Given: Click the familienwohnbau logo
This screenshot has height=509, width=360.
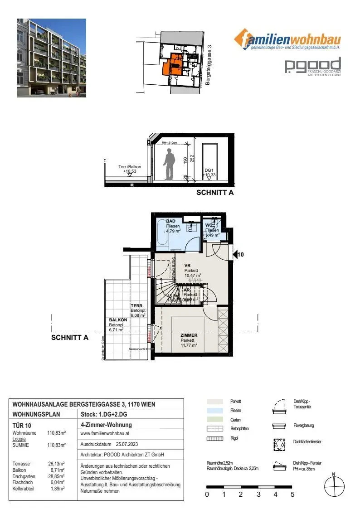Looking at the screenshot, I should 287,40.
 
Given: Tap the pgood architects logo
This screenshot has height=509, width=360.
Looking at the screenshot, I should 312,66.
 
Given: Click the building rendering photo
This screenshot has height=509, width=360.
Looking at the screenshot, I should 52,58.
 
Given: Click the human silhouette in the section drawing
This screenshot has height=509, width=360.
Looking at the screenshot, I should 170,165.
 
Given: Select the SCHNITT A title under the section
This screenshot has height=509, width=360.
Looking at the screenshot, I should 214,193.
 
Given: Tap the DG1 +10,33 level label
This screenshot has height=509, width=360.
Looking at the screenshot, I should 209,172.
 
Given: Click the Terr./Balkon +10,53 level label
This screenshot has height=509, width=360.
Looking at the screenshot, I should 130,169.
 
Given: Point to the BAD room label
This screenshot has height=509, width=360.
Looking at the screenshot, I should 171,221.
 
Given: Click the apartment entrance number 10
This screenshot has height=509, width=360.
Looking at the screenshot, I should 241,255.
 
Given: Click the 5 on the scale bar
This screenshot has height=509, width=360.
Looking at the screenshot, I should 292,494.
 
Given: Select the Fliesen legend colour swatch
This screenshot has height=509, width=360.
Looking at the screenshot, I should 214,410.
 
